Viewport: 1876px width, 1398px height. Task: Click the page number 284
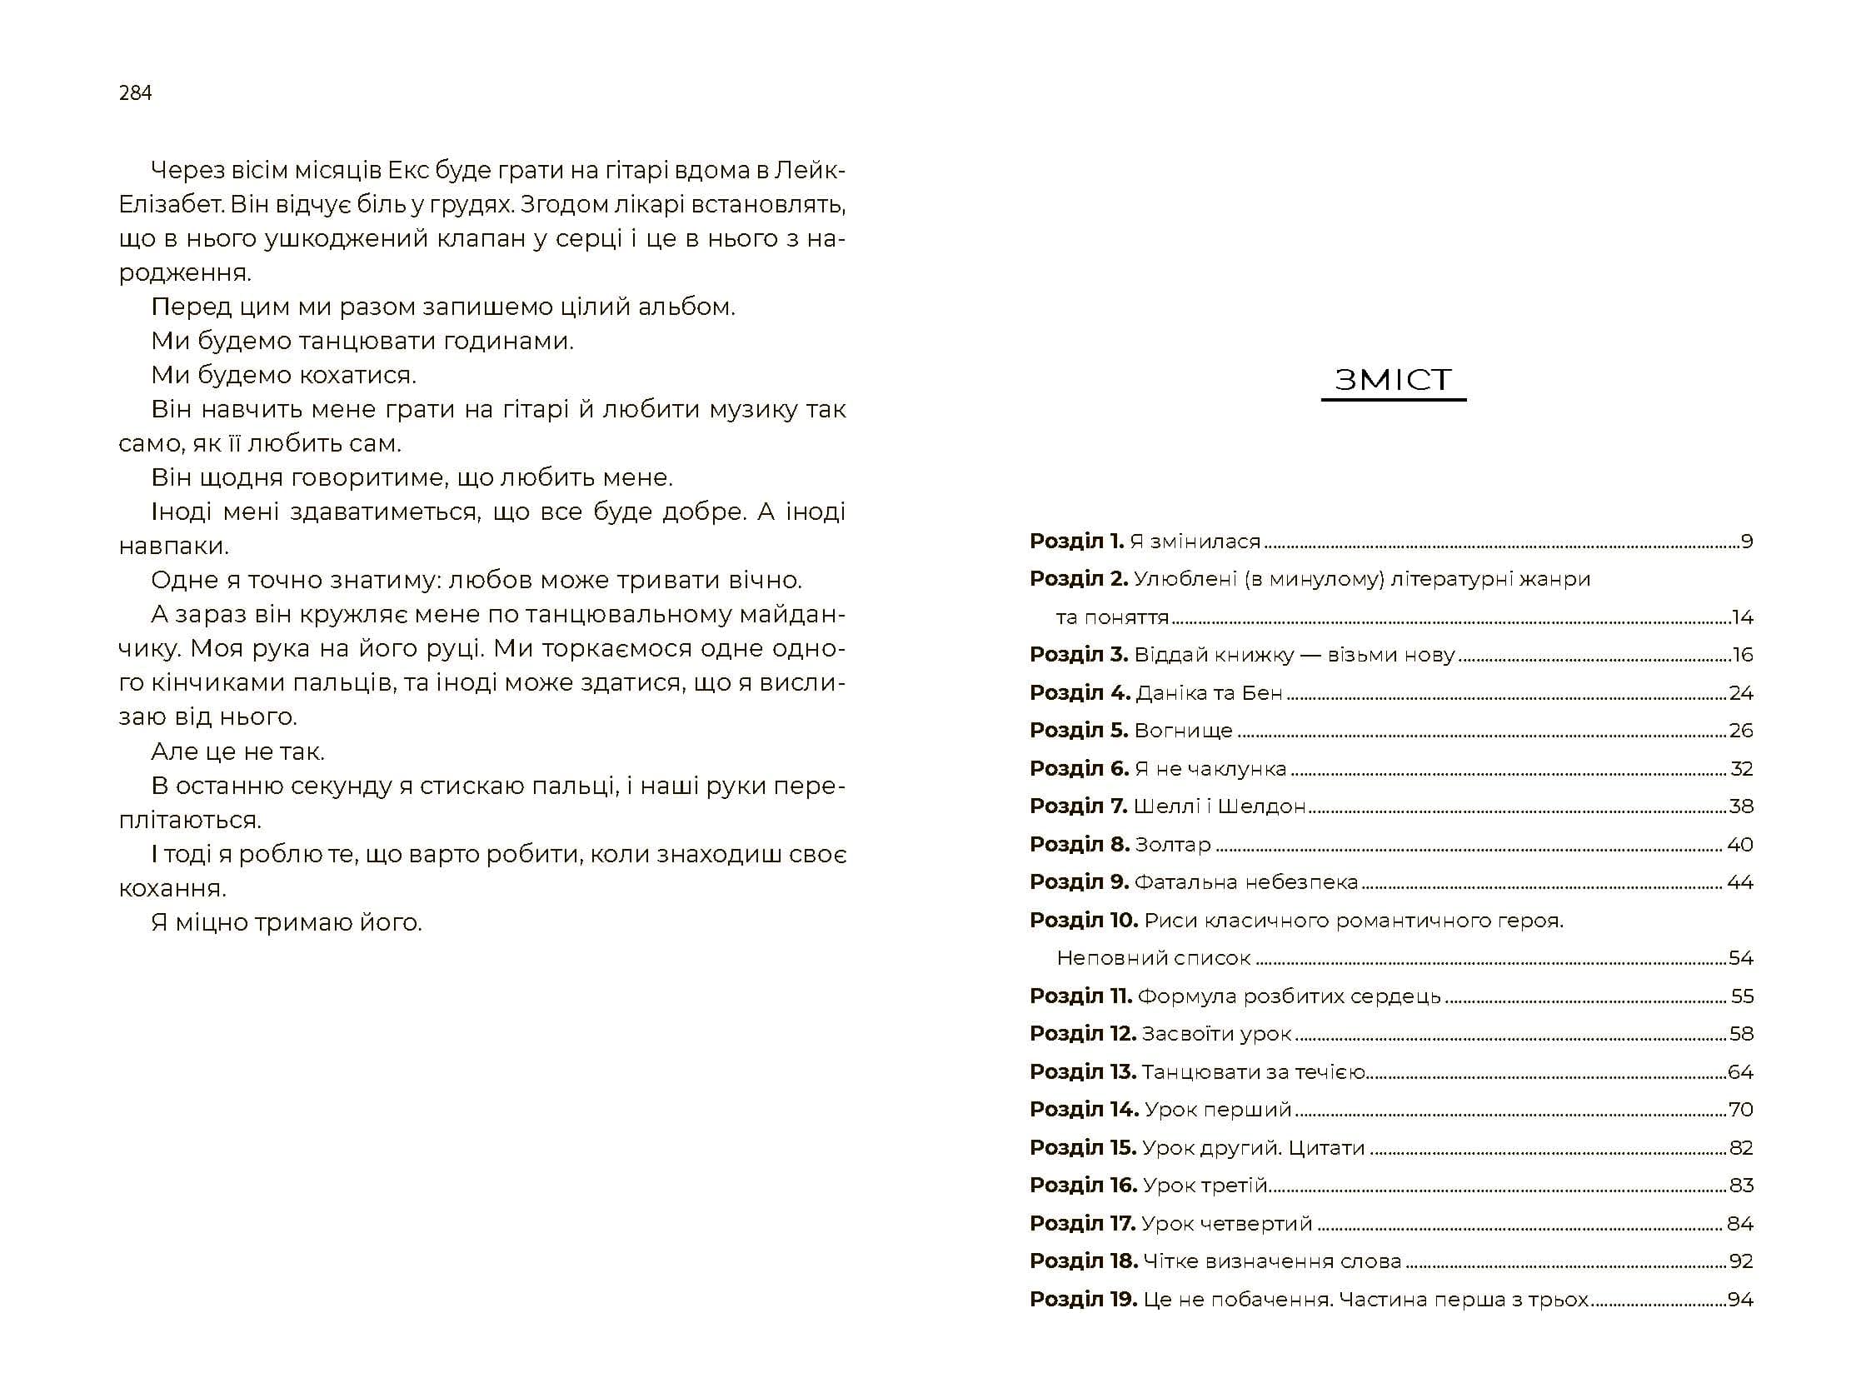[x=136, y=93]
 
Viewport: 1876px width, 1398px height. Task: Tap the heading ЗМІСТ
[x=1393, y=380]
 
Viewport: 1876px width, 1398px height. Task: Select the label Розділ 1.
[x=1076, y=542]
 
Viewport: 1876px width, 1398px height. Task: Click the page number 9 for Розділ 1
[x=1747, y=542]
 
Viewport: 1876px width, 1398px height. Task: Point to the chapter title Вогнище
[x=1183, y=731]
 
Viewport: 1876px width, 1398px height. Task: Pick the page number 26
[x=1740, y=731]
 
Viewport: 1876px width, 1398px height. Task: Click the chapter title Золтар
[x=1173, y=845]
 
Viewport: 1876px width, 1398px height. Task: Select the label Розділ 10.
[x=1083, y=920]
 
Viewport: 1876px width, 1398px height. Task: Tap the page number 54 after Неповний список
[x=1740, y=958]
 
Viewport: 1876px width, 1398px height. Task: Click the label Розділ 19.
[x=1083, y=1299]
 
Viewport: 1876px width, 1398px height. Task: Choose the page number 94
[x=1740, y=1299]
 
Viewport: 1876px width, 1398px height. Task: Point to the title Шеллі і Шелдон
[x=1220, y=806]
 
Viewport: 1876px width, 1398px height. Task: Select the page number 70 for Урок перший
[x=1740, y=1110]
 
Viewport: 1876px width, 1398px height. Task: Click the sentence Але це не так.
[x=237, y=751]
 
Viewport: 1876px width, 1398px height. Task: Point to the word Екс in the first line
[x=409, y=170]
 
